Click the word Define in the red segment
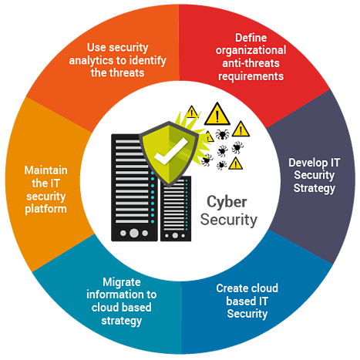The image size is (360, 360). [x=251, y=38]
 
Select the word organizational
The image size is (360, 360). [x=251, y=51]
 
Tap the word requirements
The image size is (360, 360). [x=251, y=76]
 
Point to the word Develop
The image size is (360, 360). [x=308, y=163]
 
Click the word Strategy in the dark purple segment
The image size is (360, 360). [x=315, y=188]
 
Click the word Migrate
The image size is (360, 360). [x=122, y=282]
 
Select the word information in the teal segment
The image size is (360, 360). [x=114, y=294]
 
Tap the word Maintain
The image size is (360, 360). [x=46, y=170]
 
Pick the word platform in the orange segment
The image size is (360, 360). [x=46, y=209]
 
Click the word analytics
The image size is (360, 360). [x=91, y=61]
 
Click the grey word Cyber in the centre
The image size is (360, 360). [x=227, y=202]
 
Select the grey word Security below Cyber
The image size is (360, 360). [x=229, y=220]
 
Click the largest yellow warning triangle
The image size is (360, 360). [x=217, y=114]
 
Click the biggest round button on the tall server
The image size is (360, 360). [x=134, y=233]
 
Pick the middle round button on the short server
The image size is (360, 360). [x=175, y=235]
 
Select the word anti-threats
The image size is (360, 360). [x=251, y=63]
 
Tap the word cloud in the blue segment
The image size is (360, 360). [x=264, y=288]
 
